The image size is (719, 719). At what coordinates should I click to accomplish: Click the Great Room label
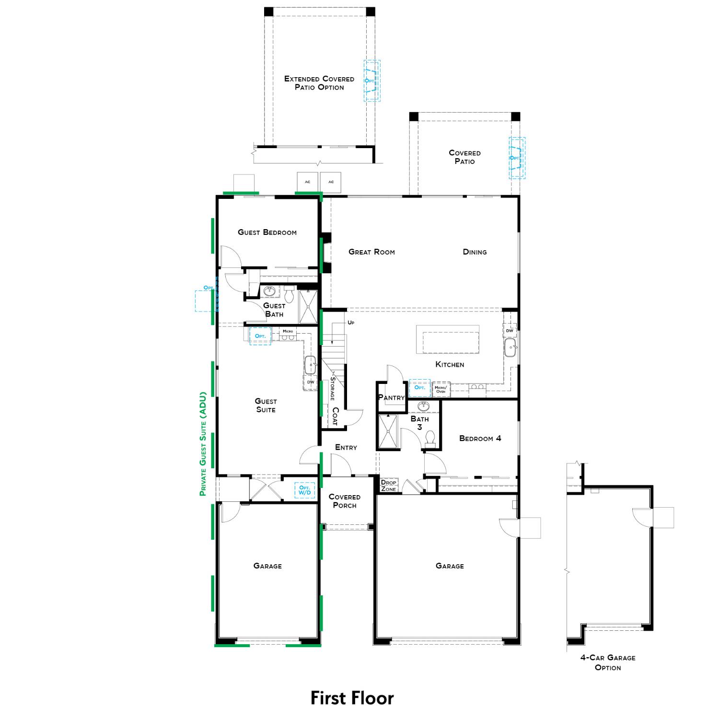tap(371, 252)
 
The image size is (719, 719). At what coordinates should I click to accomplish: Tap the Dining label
tap(475, 252)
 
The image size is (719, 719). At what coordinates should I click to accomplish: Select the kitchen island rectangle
tap(447, 339)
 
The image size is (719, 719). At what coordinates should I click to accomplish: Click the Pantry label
tap(392, 397)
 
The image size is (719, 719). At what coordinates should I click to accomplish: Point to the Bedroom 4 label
tap(480, 438)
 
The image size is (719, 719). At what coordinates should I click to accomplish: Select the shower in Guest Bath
tap(308, 306)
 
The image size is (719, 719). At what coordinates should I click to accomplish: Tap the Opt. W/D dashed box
tap(304, 490)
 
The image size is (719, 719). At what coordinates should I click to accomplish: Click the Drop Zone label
tap(389, 486)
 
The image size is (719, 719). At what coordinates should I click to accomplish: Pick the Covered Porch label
tap(344, 501)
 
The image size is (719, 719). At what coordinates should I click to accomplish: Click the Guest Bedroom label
tap(267, 232)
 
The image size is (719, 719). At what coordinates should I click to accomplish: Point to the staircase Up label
tap(351, 323)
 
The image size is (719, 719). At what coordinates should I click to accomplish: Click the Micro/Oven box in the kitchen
tap(441, 389)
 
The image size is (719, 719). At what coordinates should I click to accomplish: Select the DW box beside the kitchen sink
tap(510, 331)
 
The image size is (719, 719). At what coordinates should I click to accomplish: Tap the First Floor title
tap(352, 698)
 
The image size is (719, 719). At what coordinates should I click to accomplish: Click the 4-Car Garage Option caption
tap(608, 662)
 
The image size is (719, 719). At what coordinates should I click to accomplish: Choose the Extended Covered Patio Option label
tap(319, 83)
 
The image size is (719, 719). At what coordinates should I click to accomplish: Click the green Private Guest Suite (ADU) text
tap(203, 444)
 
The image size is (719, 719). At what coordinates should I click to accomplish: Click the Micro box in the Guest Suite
tap(288, 331)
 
